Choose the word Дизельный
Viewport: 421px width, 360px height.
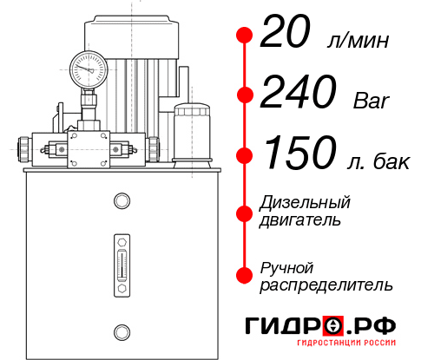point(306,203)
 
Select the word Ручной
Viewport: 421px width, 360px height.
point(287,266)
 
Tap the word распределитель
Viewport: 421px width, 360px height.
point(326,284)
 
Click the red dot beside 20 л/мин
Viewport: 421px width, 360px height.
point(245,36)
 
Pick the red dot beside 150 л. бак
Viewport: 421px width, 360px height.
point(245,154)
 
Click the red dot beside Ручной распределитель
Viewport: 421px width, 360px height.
point(245,274)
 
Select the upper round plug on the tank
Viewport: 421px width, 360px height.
point(121,202)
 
